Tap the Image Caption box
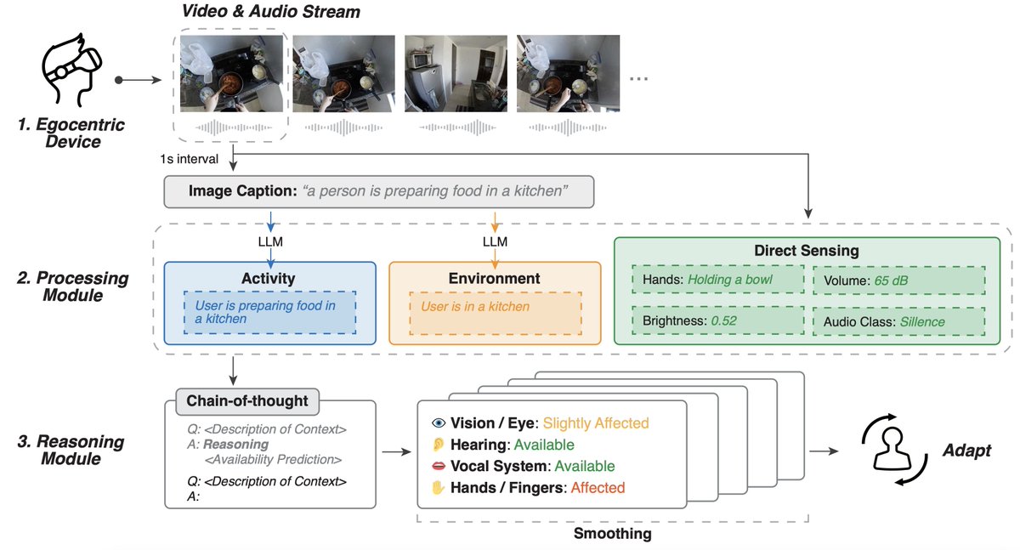(x=377, y=192)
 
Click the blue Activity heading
(x=269, y=278)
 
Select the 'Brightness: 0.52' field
(x=717, y=322)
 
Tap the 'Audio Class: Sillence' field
(x=898, y=322)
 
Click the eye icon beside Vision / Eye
(x=439, y=422)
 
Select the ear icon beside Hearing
(x=439, y=445)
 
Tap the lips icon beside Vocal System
(x=439, y=466)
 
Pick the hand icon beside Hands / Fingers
(x=439, y=488)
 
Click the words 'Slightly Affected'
(x=595, y=422)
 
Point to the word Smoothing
(x=612, y=534)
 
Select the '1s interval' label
(x=190, y=158)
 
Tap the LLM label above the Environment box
(x=494, y=242)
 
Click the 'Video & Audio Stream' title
(x=270, y=12)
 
